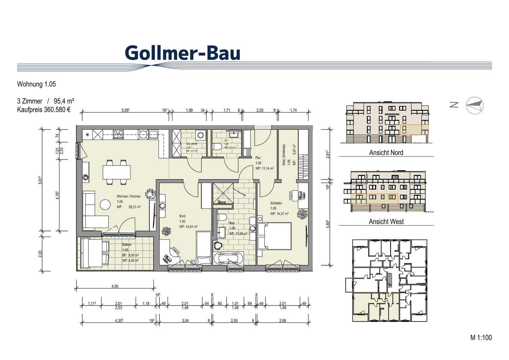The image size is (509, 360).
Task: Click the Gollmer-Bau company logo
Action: (182, 53)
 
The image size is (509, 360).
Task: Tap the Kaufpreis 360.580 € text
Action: (44, 110)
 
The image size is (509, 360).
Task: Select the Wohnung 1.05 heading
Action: (36, 84)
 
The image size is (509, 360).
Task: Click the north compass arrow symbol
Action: (474, 105)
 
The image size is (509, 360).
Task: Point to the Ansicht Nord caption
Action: (386, 153)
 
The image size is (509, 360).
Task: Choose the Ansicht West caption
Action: (386, 222)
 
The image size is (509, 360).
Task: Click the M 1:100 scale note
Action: (481, 338)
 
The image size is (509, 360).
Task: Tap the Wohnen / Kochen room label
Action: (129, 196)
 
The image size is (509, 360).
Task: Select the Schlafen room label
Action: (276, 203)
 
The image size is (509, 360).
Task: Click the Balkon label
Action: (127, 245)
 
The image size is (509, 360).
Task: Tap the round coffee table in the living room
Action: (105, 204)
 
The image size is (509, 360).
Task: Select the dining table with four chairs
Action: (116, 172)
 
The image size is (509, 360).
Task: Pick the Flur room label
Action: (258, 158)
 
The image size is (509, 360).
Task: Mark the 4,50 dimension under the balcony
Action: (115, 286)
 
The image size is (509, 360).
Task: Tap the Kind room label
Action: (182, 216)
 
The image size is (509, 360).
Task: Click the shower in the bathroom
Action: (223, 194)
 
